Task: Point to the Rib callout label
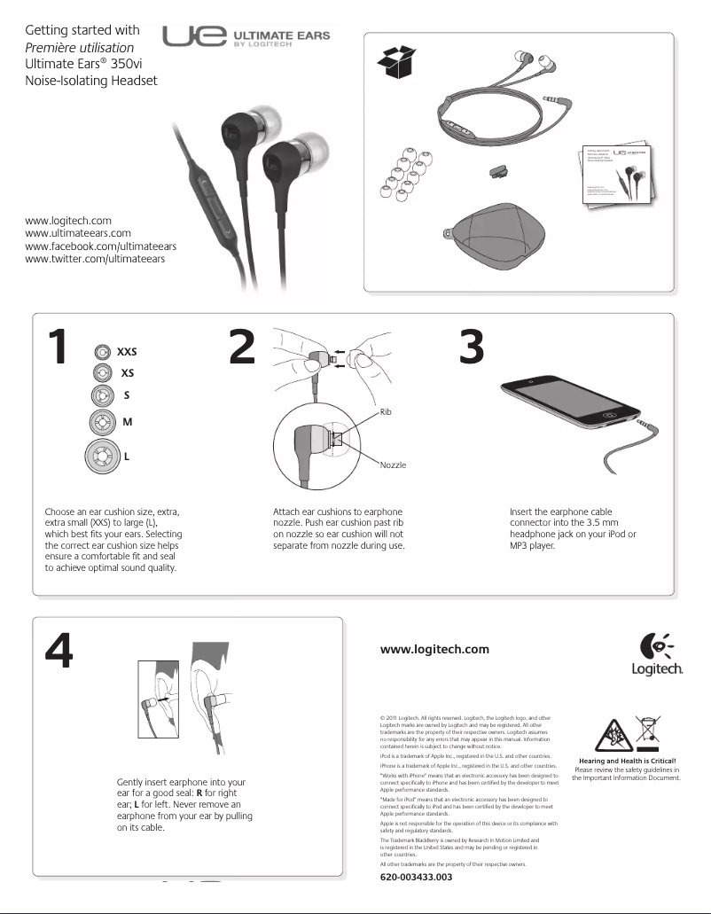[x=385, y=411]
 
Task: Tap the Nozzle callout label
[x=393, y=465]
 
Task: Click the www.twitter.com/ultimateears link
[x=95, y=259]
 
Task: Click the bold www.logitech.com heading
[x=434, y=649]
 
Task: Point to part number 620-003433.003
[x=416, y=877]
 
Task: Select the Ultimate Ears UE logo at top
[x=246, y=39]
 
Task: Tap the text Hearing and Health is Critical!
[x=627, y=761]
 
